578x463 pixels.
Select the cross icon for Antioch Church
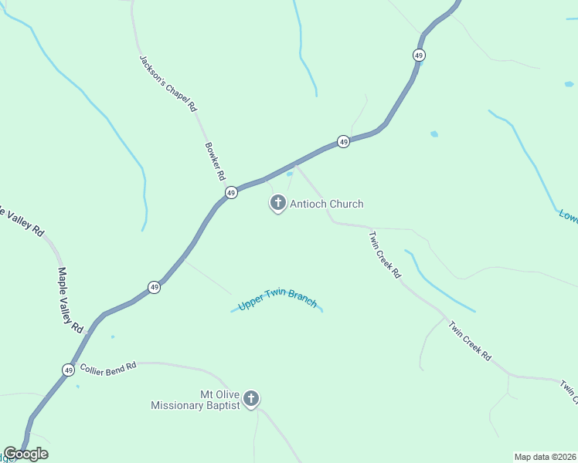click(277, 204)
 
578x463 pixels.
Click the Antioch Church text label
click(326, 204)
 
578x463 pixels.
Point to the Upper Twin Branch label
click(277, 299)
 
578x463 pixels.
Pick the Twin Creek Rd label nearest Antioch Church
click(385, 255)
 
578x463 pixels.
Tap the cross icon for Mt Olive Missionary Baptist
click(250, 399)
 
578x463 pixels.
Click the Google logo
click(25, 454)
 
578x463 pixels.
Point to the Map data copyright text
click(546, 457)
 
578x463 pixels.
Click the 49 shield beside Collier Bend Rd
click(69, 370)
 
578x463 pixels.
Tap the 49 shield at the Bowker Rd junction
click(230, 192)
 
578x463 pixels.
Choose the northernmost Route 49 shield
click(418, 55)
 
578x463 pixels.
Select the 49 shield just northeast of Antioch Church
click(343, 141)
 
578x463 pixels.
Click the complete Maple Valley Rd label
click(70, 300)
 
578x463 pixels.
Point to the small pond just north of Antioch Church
click(290, 174)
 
